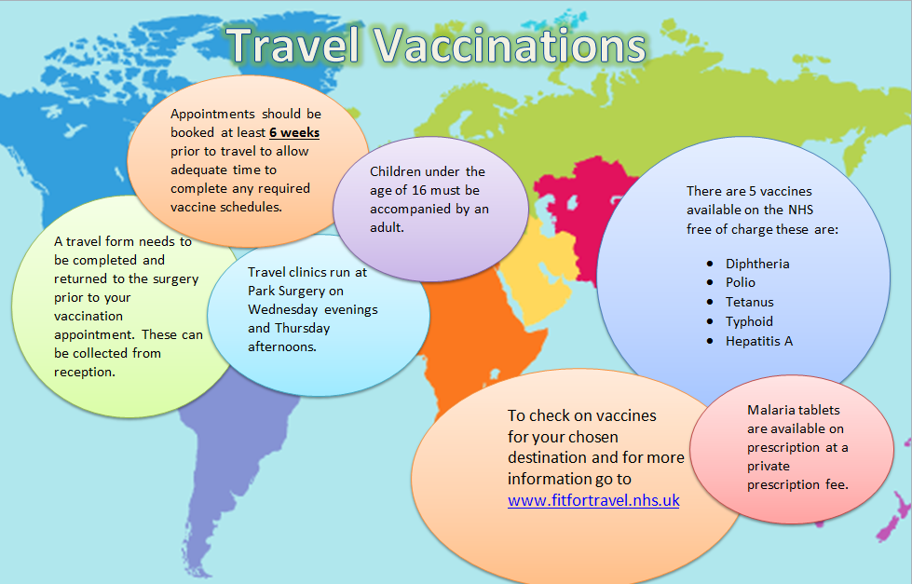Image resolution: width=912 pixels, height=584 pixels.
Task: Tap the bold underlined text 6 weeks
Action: pyautogui.click(x=294, y=132)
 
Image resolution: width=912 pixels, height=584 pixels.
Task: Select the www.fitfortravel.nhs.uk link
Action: pyautogui.click(x=593, y=500)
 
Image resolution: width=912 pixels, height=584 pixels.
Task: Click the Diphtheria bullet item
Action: pyautogui.click(x=757, y=264)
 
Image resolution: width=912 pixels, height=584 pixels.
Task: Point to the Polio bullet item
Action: pyautogui.click(x=741, y=282)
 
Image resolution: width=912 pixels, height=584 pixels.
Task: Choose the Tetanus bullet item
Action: pyautogui.click(x=749, y=302)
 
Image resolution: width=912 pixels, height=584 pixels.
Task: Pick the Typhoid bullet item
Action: pyautogui.click(x=749, y=321)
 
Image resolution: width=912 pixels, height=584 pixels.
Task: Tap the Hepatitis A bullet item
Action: pyautogui.click(x=759, y=341)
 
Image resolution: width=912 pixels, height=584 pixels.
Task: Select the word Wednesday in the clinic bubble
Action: pyautogui.click(x=286, y=309)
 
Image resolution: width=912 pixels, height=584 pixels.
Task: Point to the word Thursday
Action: pyautogui.click(x=302, y=328)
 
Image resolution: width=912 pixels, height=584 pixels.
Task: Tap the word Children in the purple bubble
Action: pyautogui.click(x=401, y=171)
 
